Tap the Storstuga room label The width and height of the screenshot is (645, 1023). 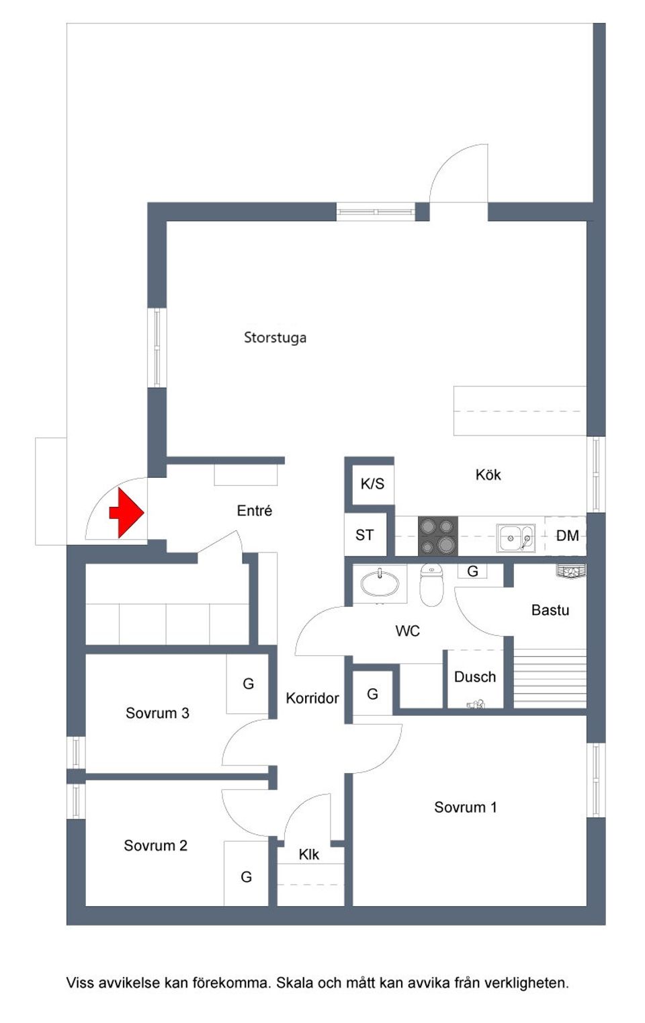pyautogui.click(x=275, y=337)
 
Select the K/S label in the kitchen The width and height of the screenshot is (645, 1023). pyautogui.click(x=372, y=484)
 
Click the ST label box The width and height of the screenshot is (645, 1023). pyautogui.click(x=365, y=535)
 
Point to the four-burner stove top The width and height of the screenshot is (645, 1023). pyautogui.click(x=438, y=536)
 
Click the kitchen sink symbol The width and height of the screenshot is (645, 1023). pyautogui.click(x=515, y=538)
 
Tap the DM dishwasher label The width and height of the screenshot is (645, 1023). pyautogui.click(x=567, y=536)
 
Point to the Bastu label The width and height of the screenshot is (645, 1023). pyautogui.click(x=550, y=610)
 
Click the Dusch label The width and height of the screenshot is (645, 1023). pyautogui.click(x=475, y=677)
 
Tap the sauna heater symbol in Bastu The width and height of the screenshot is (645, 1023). pyautogui.click(x=571, y=571)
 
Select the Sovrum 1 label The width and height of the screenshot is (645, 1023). pyautogui.click(x=465, y=807)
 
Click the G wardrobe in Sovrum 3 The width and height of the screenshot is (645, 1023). pyautogui.click(x=248, y=684)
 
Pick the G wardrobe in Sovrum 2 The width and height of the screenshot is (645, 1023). pyautogui.click(x=246, y=876)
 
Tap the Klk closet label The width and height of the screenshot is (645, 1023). pyautogui.click(x=309, y=854)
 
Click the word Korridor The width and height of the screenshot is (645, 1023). pyautogui.click(x=312, y=698)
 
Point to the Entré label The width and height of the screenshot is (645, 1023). pyautogui.click(x=255, y=511)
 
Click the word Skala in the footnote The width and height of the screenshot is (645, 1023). pyautogui.click(x=294, y=983)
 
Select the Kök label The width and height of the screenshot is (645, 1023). pyautogui.click(x=488, y=475)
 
